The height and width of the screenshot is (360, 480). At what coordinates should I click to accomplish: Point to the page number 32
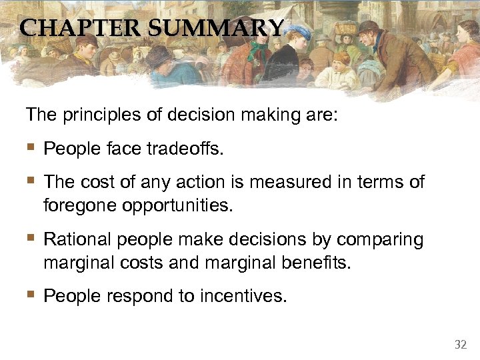pos(460,345)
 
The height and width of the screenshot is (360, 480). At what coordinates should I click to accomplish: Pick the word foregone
pos(80,205)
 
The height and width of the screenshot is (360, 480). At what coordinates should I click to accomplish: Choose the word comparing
pos(380,239)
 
